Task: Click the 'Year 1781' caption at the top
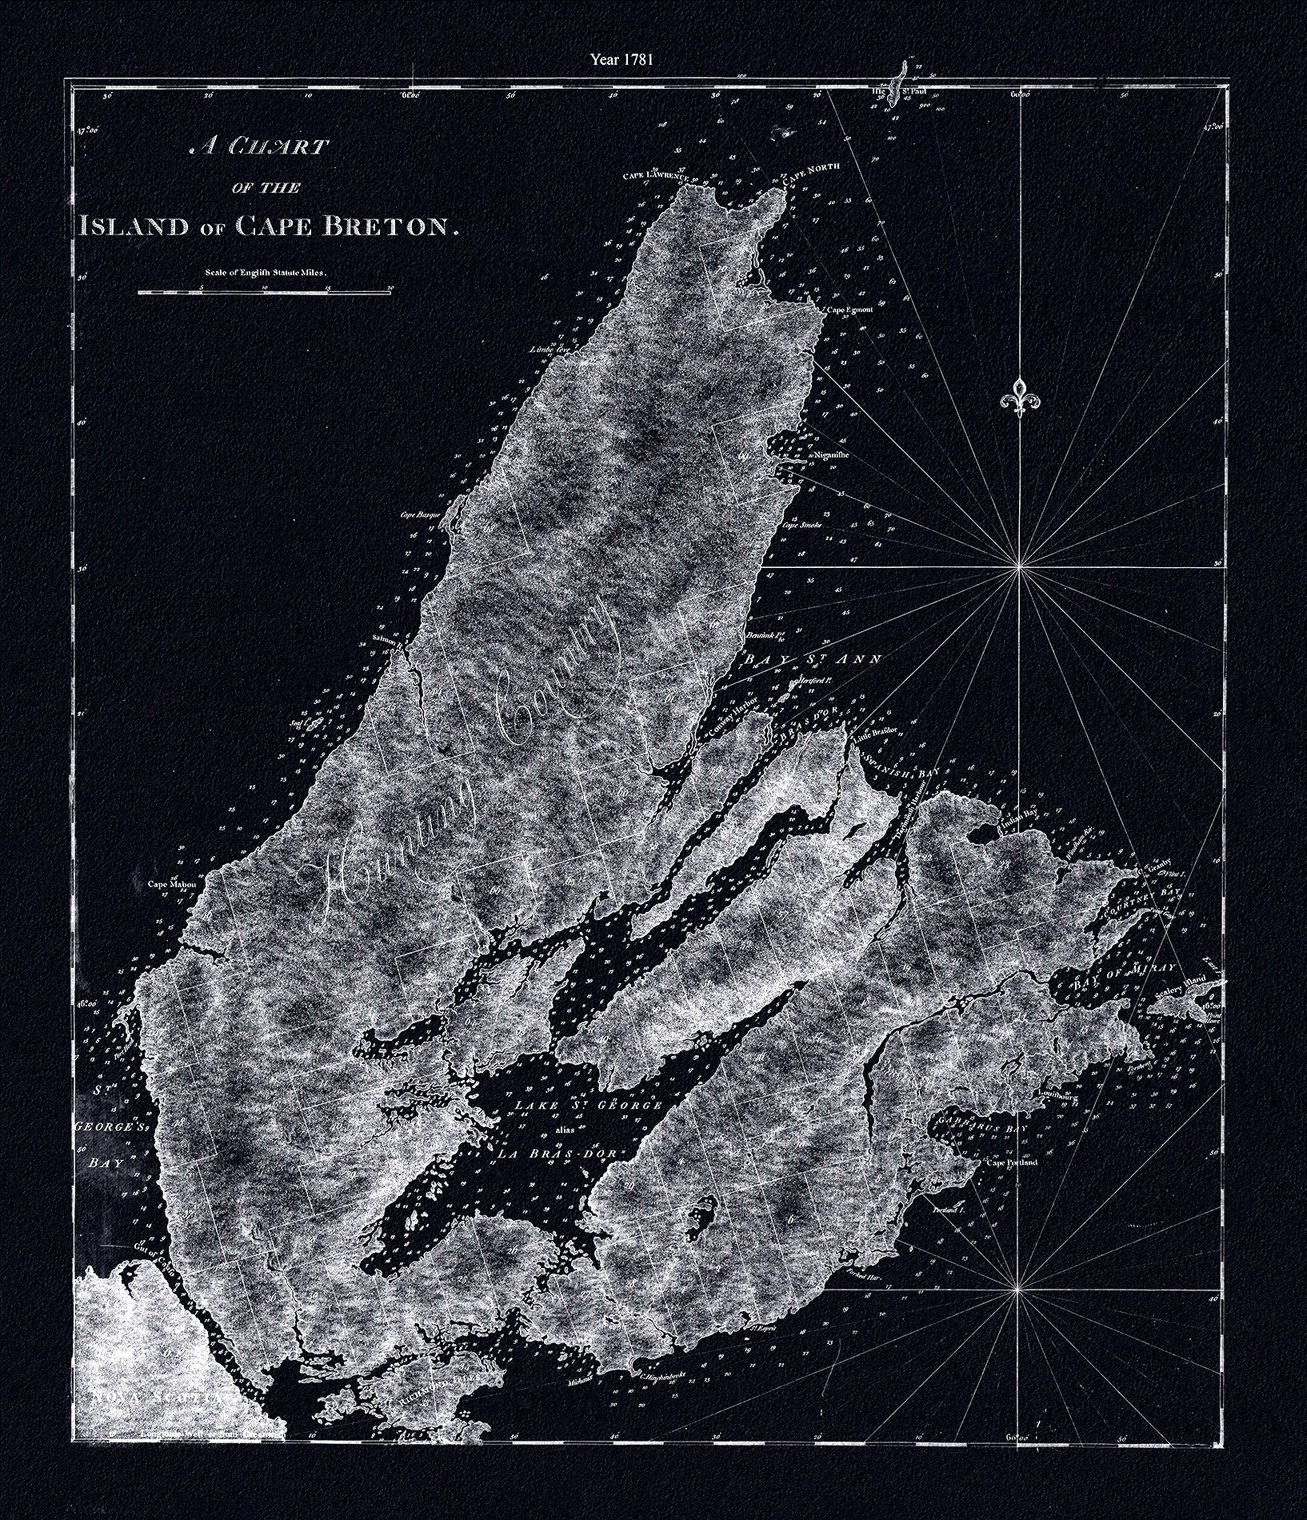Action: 622,59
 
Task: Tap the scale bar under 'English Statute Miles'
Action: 265,294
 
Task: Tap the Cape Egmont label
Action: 849,310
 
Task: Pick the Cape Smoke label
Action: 802,526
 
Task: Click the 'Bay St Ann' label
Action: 813,660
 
